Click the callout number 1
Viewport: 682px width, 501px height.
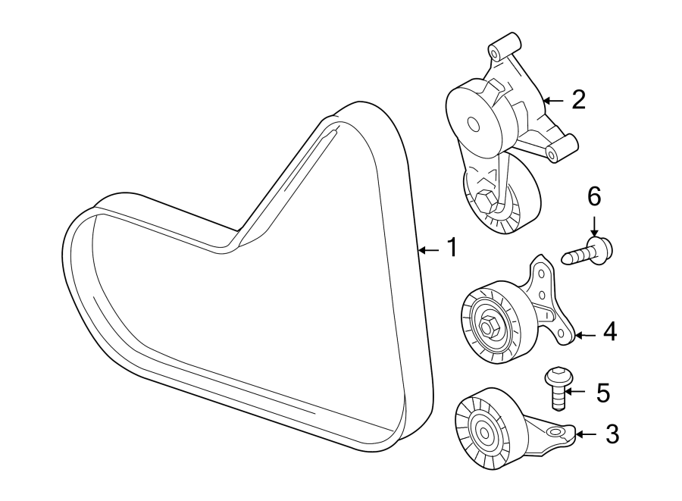click(450, 248)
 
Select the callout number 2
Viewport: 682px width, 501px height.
click(578, 99)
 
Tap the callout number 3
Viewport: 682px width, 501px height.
click(612, 434)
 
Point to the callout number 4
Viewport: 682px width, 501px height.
click(609, 331)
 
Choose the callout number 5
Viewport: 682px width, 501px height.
click(602, 392)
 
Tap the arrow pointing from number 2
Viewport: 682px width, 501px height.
click(554, 99)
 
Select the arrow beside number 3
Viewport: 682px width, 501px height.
click(587, 434)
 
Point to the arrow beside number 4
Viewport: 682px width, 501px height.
click(585, 332)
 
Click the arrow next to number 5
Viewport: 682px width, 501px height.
click(577, 392)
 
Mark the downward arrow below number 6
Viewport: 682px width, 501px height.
click(594, 225)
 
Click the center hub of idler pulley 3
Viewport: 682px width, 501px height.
click(482, 433)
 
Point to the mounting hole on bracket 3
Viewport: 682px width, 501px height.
click(558, 432)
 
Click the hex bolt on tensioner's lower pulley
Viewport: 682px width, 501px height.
click(486, 202)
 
